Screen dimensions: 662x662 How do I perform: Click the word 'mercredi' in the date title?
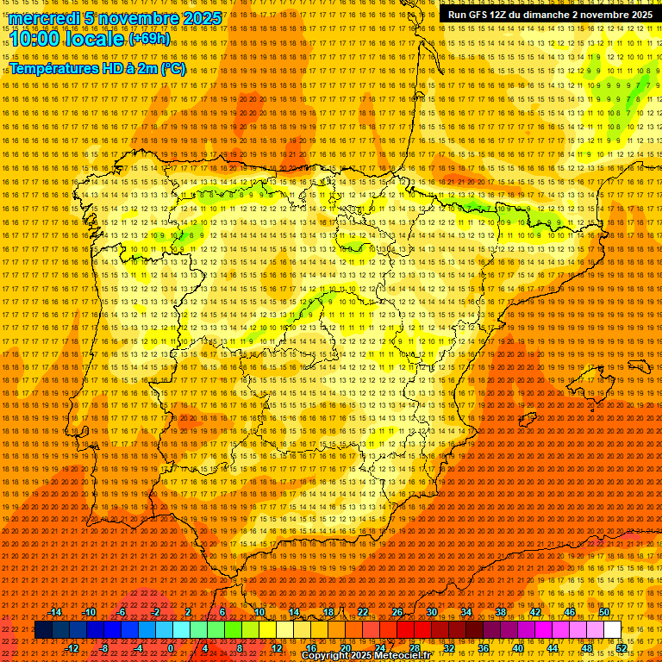[x=46, y=18]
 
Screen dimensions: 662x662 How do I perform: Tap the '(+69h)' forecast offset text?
[x=149, y=39]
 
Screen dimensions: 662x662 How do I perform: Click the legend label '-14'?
[x=55, y=612]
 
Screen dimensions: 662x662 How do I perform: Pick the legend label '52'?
[x=621, y=648]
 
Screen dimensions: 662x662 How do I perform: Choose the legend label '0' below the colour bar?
[x=171, y=648]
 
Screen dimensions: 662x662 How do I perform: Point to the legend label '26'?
[x=397, y=612]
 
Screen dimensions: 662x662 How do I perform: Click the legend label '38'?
[x=500, y=612]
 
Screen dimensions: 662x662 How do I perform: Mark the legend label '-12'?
[x=72, y=648]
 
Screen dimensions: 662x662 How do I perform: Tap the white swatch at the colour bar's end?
[x=612, y=630]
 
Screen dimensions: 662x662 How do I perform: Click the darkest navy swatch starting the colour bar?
[x=43, y=630]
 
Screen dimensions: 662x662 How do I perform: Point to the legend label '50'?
[x=604, y=612]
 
